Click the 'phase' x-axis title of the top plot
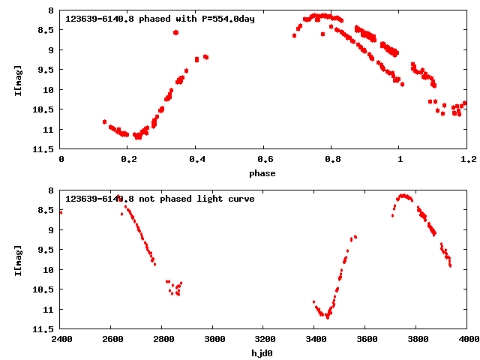(262, 173)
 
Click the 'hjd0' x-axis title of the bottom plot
(262, 352)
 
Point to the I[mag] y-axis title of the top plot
(18, 80)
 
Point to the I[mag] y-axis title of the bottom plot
(18, 259)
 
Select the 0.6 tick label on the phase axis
(264, 160)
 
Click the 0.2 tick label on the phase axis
(128, 160)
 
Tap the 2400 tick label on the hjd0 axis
(61, 340)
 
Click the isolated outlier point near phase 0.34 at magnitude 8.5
(175, 32)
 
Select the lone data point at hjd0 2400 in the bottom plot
(61, 212)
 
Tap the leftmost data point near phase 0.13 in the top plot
(104, 121)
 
